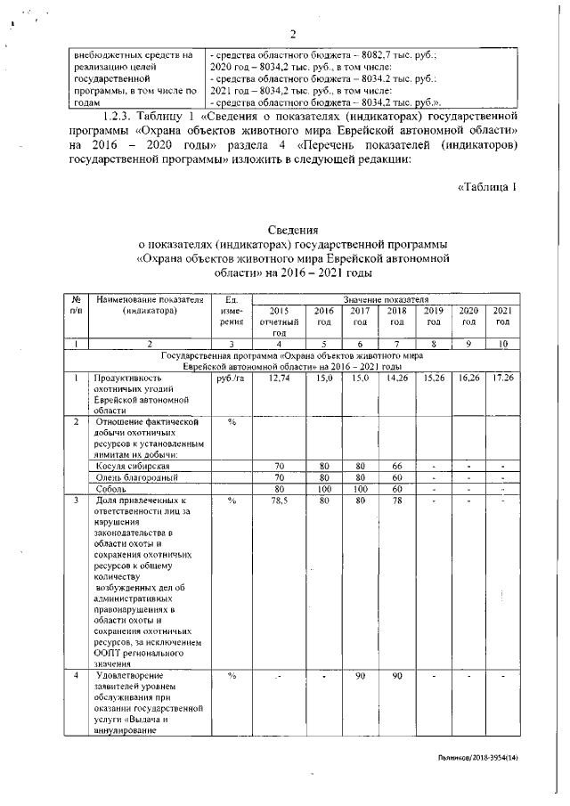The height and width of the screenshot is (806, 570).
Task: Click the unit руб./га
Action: click(230, 379)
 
